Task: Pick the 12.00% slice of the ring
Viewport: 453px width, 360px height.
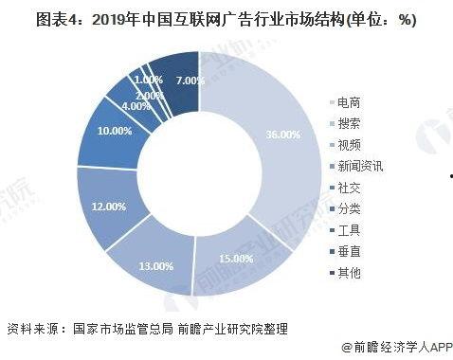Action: pos(109,205)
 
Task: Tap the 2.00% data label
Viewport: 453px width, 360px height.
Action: pos(151,95)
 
